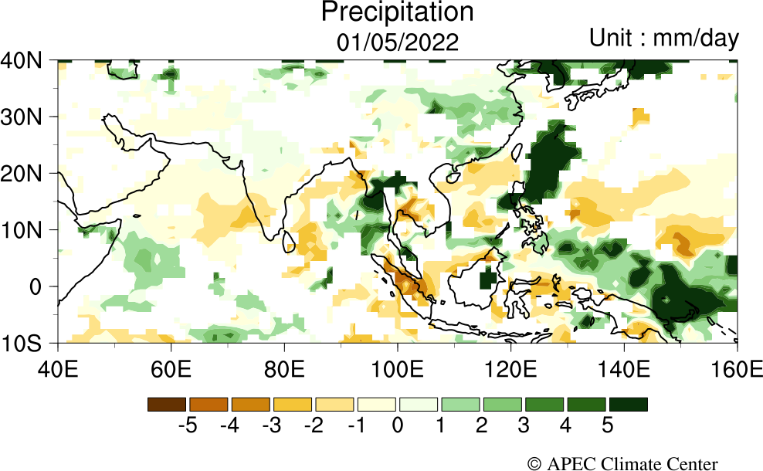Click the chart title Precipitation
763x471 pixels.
397,12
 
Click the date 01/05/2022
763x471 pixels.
397,42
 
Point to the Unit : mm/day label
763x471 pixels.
663,37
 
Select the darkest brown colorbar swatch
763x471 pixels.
167,404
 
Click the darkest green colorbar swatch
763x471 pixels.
628,404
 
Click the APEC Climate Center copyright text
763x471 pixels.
622,463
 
